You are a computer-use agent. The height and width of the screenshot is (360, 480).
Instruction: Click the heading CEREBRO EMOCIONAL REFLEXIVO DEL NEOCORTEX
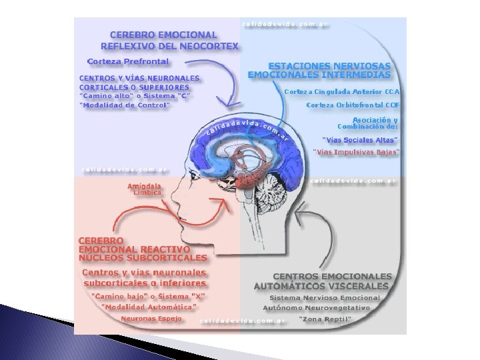point(168,40)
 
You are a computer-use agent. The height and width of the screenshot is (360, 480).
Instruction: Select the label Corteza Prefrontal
point(129,62)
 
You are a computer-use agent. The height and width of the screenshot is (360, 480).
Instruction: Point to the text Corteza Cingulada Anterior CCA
point(342,91)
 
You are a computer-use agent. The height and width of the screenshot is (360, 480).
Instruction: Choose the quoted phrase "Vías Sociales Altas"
point(359,140)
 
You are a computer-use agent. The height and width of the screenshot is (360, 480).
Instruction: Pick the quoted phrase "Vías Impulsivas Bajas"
point(357,153)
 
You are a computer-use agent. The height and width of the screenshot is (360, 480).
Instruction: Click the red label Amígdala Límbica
point(147,189)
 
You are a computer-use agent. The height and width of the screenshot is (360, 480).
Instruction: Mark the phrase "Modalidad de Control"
point(125,105)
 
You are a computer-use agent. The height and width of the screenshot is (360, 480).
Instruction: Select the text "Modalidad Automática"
point(149,307)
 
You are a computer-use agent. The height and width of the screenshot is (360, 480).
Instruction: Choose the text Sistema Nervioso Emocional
point(325,297)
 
